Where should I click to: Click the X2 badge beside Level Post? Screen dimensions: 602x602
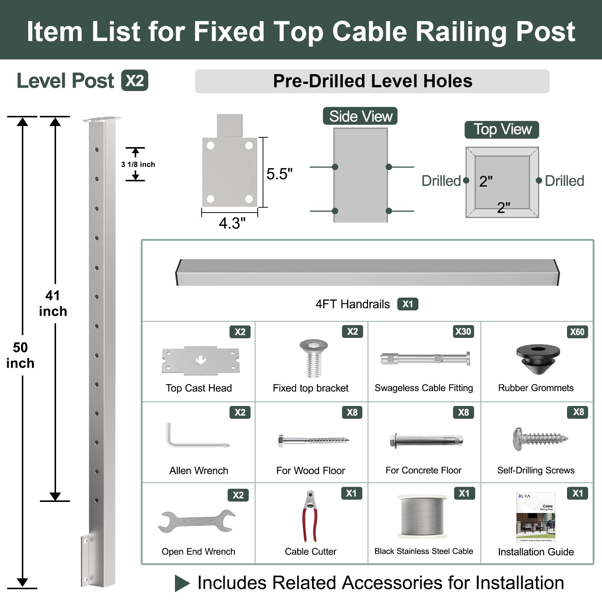coord(135,81)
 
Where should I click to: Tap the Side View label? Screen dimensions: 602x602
coord(360,116)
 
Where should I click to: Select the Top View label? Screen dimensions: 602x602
coord(502,129)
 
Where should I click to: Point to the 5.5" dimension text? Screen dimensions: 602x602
coord(279,174)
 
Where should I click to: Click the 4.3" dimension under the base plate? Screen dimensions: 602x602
coord(232,223)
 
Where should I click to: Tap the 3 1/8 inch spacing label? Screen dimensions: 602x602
coord(138,164)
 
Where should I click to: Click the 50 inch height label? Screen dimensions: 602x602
coord(20,355)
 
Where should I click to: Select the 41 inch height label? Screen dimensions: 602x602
coord(53,303)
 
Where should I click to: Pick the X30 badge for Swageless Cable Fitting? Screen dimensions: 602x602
coord(463,331)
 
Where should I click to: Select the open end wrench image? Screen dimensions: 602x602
coord(197,521)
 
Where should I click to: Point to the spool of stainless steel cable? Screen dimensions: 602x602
coord(423,516)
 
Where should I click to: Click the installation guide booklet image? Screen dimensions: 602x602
coord(536,517)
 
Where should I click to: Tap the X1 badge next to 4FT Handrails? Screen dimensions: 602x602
coord(407,304)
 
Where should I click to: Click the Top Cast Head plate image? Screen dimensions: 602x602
coord(201,360)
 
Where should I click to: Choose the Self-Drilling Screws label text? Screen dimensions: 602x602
coord(536,470)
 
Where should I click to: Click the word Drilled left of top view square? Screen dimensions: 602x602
coord(441,181)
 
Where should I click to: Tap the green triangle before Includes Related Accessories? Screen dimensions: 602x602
coord(182,583)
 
